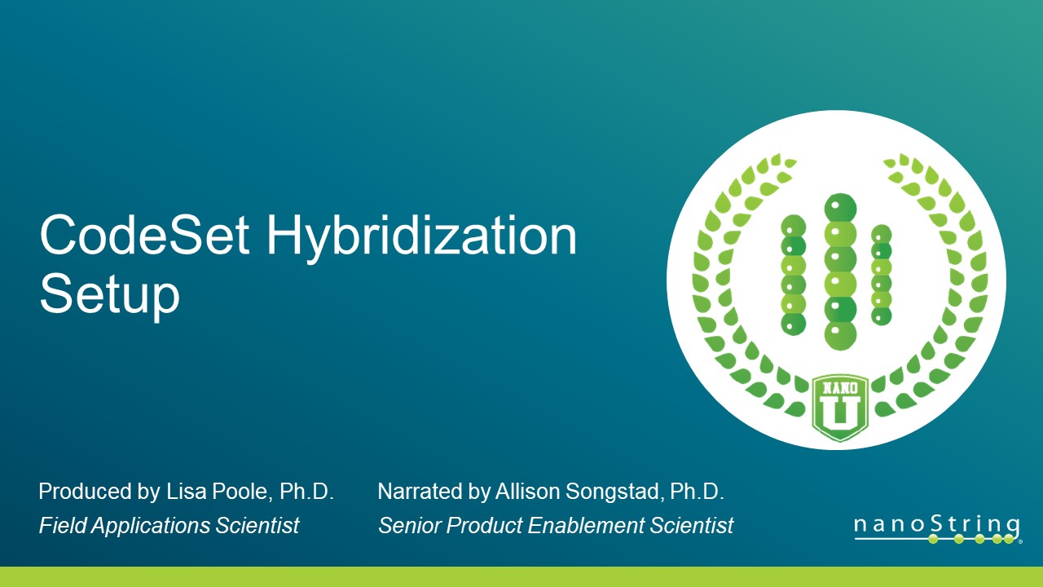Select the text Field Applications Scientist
pyautogui.click(x=169, y=526)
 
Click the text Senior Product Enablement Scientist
pyautogui.click(x=555, y=526)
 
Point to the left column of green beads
pyautogui.click(x=793, y=275)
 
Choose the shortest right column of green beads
pyautogui.click(x=882, y=275)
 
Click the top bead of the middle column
pyautogui.click(x=840, y=208)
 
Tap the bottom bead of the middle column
pyautogui.click(x=840, y=334)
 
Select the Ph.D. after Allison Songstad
pyautogui.click(x=697, y=492)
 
